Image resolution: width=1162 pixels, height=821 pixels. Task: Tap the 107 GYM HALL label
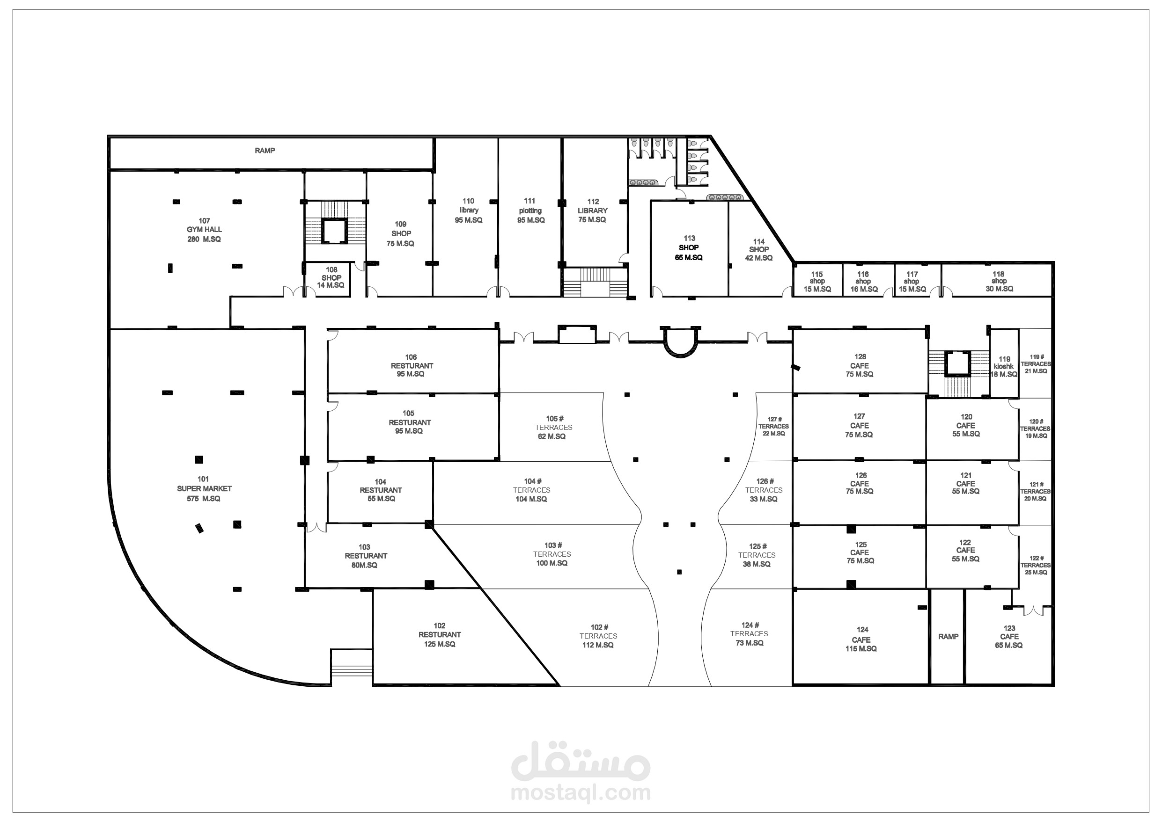[204, 230]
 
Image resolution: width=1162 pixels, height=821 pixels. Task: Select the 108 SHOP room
[331, 278]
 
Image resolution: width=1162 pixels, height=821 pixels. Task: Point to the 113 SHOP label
[689, 248]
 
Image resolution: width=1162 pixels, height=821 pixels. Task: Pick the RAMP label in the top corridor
[265, 151]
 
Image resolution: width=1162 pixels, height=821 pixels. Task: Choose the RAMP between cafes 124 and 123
[948, 636]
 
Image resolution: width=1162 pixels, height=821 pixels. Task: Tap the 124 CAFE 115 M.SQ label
[861, 639]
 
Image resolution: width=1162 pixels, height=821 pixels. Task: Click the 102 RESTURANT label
[439, 635]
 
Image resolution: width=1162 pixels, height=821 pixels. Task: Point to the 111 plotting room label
[530, 211]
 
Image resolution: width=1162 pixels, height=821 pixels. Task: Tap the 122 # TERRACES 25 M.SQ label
[1036, 565]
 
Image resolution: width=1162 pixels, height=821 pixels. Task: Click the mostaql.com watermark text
[581, 792]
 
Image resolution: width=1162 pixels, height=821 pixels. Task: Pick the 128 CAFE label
[860, 365]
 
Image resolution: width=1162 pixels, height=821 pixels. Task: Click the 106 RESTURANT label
[411, 365]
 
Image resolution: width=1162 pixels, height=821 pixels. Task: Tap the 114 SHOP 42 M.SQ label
[758, 250]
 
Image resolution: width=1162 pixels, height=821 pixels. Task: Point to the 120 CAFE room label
[966, 425]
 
